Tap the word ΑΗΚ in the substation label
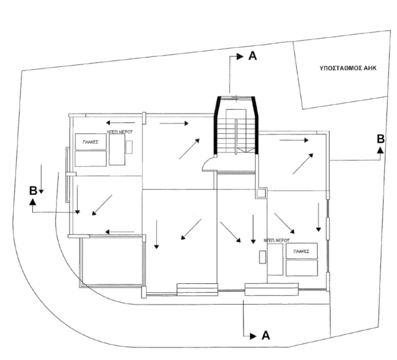pos(370,68)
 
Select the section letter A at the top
pos(252,56)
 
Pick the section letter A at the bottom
pos(266,335)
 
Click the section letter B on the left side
pos(33,190)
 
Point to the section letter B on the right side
pos(381,139)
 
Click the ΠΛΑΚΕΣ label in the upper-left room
pos(90,142)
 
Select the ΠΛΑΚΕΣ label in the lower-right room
pos(301,251)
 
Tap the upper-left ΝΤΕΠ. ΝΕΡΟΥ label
pos(120,132)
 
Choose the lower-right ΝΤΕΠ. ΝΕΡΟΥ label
pos(277,240)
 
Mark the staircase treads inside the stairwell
pos(236,137)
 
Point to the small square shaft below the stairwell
pos(261,193)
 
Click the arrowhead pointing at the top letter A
pos(240,57)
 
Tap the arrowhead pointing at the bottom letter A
pos(253,336)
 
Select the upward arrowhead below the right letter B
pos(380,150)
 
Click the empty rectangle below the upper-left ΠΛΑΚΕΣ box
pos(90,159)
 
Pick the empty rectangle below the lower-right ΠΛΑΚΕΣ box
pos(302,268)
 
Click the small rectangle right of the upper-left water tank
pos(129,147)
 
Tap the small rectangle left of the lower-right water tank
pos(262,257)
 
